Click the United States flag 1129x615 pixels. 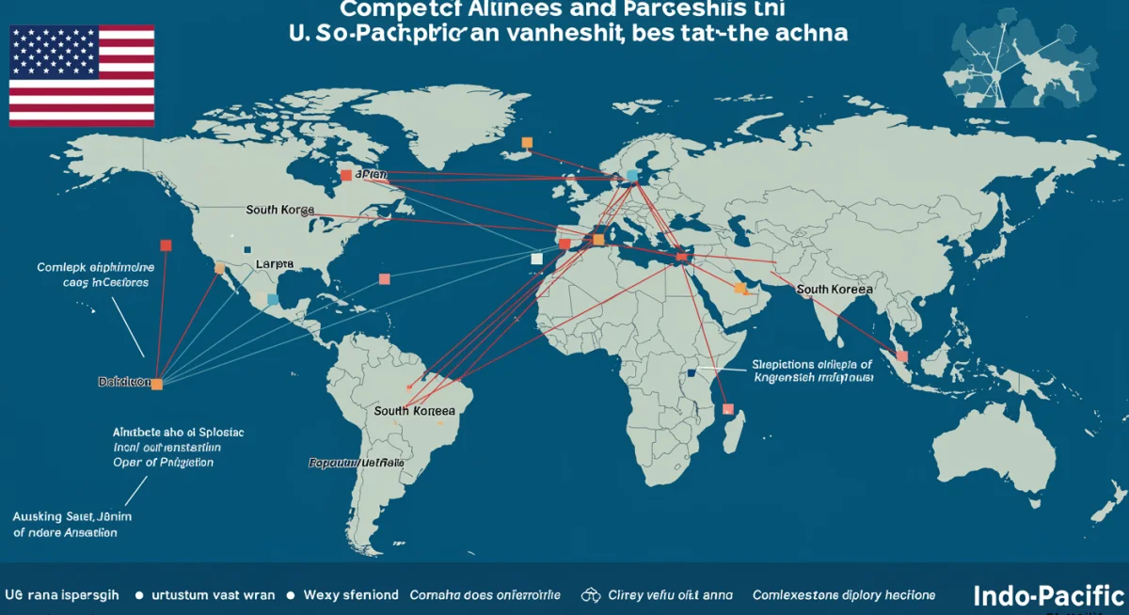pyautogui.click(x=82, y=76)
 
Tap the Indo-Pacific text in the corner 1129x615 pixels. pyautogui.click(x=1048, y=595)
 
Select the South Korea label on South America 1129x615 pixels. pyautogui.click(x=414, y=411)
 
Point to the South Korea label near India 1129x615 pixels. pyautogui.click(x=834, y=289)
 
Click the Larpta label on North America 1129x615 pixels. pyautogui.click(x=275, y=264)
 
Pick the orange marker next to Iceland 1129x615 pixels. pyautogui.click(x=527, y=143)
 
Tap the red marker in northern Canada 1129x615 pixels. pyautogui.click(x=346, y=175)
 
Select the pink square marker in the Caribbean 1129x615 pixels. pyautogui.click(x=384, y=278)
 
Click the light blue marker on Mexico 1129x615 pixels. pyautogui.click(x=272, y=299)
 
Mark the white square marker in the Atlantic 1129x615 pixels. pyautogui.click(x=536, y=259)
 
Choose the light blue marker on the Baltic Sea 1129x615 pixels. pyautogui.click(x=632, y=176)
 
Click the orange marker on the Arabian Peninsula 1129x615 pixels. pyautogui.click(x=739, y=288)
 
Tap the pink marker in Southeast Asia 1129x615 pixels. pyautogui.click(x=902, y=355)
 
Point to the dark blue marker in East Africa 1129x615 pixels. pyautogui.click(x=692, y=372)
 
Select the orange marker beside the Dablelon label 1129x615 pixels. pyautogui.click(x=157, y=384)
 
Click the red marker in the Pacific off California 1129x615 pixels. pyautogui.click(x=167, y=245)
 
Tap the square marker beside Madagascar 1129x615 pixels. pyautogui.click(x=727, y=408)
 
